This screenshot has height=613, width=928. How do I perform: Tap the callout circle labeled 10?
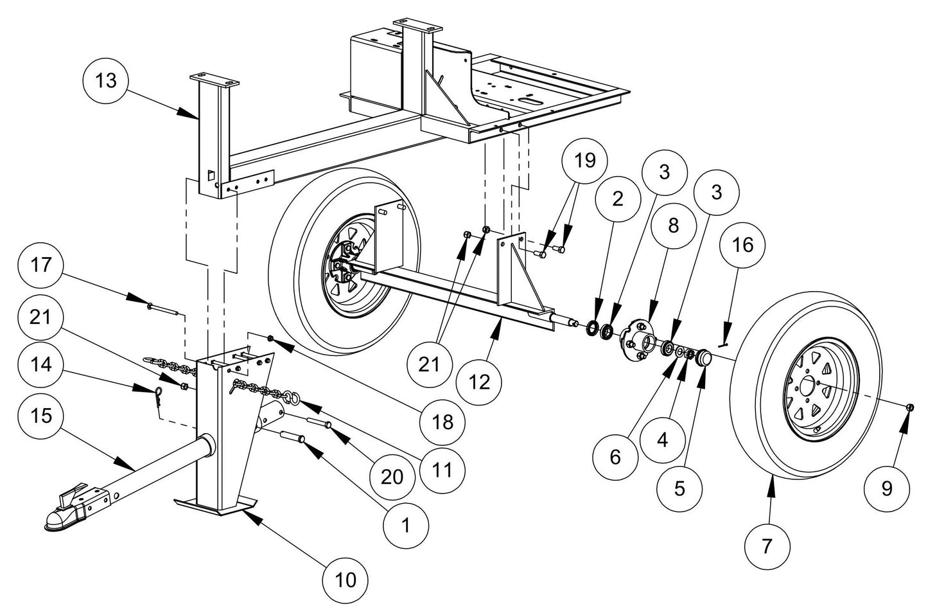coord(346,580)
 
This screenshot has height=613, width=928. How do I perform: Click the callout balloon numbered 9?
coord(887,489)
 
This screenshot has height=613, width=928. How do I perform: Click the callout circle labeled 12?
coord(479,382)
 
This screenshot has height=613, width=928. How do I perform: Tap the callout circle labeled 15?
coord(44,416)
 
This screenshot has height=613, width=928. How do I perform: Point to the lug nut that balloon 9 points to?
coord(911,407)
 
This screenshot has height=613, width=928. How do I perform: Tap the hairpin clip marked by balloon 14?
coord(150,398)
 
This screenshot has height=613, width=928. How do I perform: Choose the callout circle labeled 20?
coord(392,477)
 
